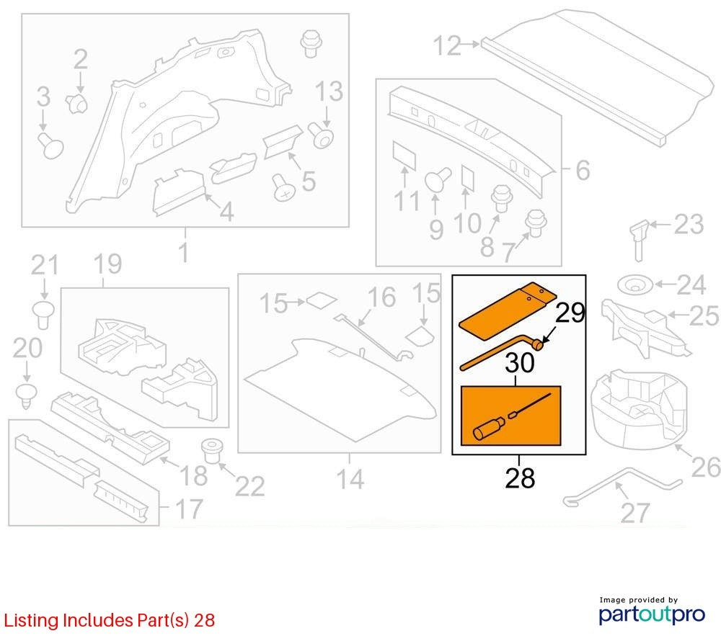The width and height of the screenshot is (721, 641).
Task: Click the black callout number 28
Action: (x=520, y=478)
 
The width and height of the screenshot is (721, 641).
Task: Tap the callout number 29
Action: (x=570, y=313)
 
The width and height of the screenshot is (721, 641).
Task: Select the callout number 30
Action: (x=520, y=363)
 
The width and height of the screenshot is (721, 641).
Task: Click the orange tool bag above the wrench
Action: (x=508, y=310)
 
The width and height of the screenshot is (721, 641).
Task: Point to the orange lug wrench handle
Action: (x=501, y=352)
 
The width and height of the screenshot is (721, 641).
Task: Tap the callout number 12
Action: (x=447, y=46)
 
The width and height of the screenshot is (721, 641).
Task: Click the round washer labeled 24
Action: (x=635, y=285)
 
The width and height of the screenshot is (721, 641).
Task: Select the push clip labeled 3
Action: (x=50, y=145)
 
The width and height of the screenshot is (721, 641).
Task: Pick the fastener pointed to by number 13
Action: (x=321, y=135)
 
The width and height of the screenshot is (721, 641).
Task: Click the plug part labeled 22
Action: (x=213, y=450)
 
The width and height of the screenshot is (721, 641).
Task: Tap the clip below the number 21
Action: (x=44, y=315)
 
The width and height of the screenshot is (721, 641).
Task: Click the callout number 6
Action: (x=583, y=171)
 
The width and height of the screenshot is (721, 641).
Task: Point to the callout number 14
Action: (x=350, y=480)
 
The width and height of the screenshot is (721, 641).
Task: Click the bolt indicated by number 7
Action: (x=536, y=223)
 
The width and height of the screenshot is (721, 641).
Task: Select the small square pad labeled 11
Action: (x=404, y=155)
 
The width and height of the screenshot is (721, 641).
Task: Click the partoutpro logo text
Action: (x=652, y=614)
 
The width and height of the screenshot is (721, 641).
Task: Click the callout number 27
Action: (x=635, y=513)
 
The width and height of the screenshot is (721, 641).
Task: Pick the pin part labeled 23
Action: (x=640, y=240)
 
